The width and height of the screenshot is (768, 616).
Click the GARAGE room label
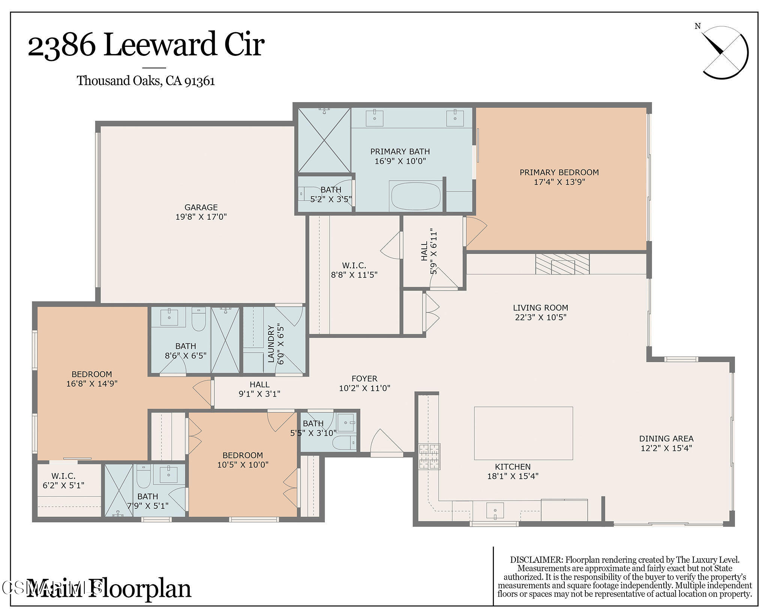[201, 207]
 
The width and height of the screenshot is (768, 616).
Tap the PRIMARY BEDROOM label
[559, 172]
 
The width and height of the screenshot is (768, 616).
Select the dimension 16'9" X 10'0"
[400, 161]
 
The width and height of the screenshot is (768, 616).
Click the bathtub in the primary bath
[416, 196]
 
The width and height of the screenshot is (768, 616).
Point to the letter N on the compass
[697, 26]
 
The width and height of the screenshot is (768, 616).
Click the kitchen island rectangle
[523, 433]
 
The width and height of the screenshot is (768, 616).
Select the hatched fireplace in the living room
[562, 264]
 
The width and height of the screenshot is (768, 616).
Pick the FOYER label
[364, 379]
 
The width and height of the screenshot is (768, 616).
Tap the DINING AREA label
[666, 438]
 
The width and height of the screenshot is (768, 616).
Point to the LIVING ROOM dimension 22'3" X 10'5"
[540, 317]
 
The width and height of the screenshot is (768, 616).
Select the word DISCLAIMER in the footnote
[536, 560]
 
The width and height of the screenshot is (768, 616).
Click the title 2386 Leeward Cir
[146, 45]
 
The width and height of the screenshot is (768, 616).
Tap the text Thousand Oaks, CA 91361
[146, 81]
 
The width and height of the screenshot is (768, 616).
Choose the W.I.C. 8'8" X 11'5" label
[354, 270]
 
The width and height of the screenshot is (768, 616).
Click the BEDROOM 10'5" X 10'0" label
[243, 460]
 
